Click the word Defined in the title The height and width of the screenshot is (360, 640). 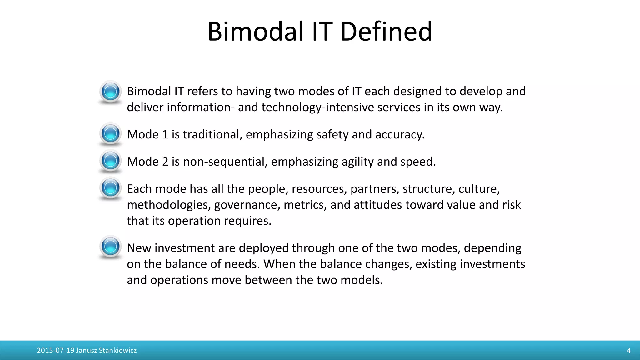386,32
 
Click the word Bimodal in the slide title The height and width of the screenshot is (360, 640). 255,32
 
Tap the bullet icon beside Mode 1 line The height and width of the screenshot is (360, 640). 110,134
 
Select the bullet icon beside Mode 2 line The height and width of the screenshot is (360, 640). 110,161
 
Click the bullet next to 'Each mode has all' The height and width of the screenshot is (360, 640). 110,188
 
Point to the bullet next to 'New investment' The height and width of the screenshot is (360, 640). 110,247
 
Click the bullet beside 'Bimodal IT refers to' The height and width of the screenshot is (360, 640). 110,92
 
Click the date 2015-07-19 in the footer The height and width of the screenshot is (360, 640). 56,351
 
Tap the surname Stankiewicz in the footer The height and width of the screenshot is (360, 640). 118,351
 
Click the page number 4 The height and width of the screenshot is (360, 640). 628,351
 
